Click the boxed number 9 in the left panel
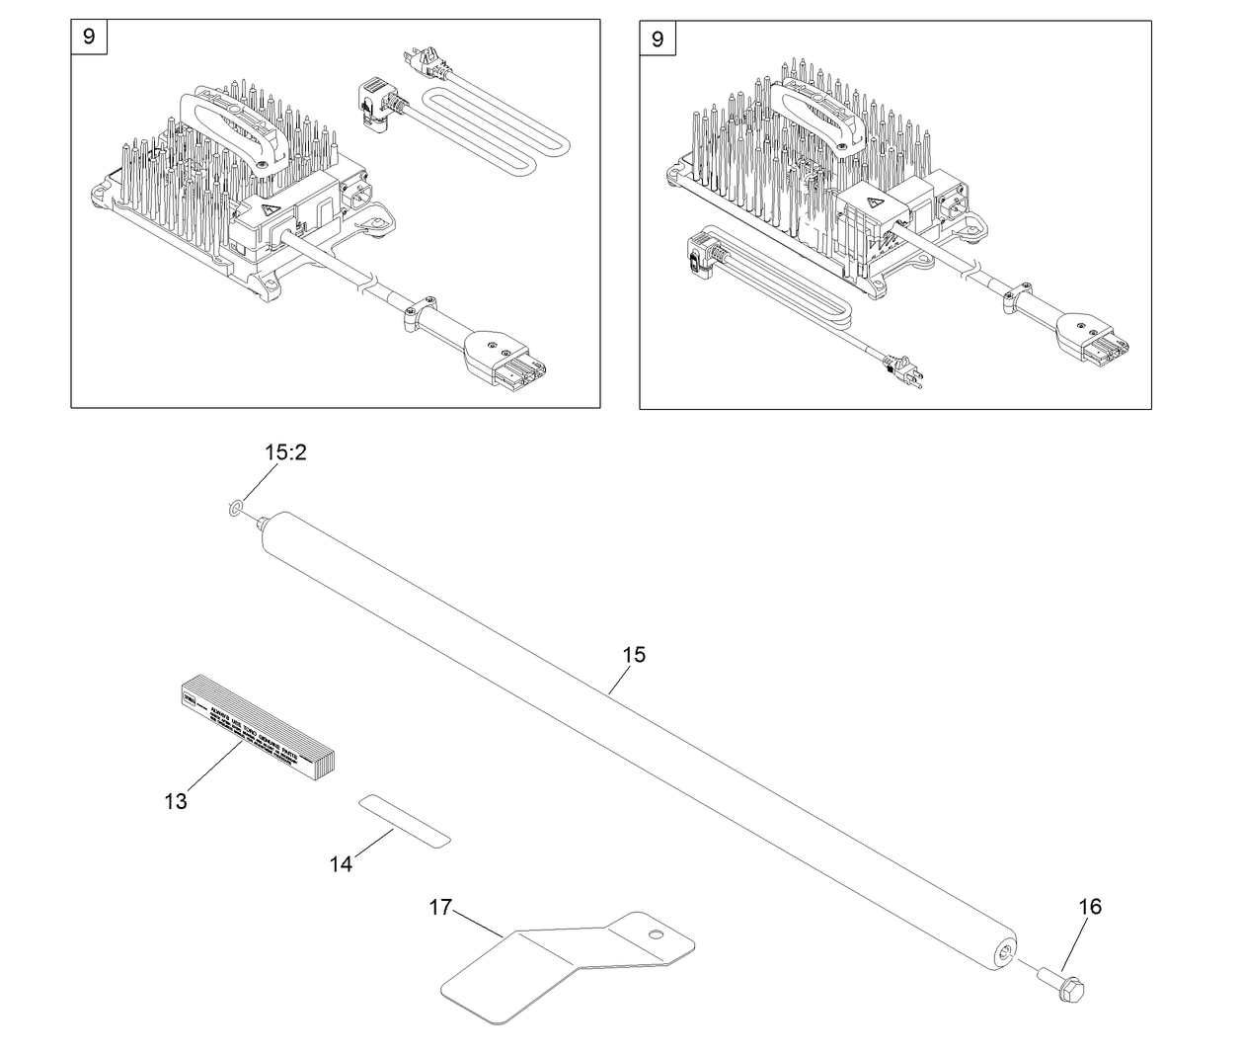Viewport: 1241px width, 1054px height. pyautogui.click(x=89, y=38)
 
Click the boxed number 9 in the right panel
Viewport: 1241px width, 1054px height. pyautogui.click(x=658, y=39)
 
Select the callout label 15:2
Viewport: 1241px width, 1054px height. pyautogui.click(x=286, y=452)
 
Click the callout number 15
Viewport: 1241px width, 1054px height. pyautogui.click(x=634, y=655)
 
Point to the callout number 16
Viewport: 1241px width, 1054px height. pyautogui.click(x=1090, y=907)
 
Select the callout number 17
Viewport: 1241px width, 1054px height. pyautogui.click(x=440, y=907)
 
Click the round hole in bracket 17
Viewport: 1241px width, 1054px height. pyautogui.click(x=654, y=933)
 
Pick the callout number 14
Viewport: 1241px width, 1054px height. pyautogui.click(x=341, y=864)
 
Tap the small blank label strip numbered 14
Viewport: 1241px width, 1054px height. pyautogui.click(x=404, y=819)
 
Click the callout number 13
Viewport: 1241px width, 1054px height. pyautogui.click(x=176, y=801)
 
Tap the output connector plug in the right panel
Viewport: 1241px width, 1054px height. pyautogui.click(x=1095, y=339)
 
